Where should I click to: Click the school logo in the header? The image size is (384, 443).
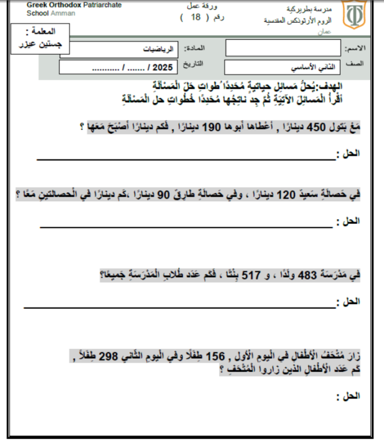pos(353,16)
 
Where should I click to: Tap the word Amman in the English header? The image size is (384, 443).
pos(59,13)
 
